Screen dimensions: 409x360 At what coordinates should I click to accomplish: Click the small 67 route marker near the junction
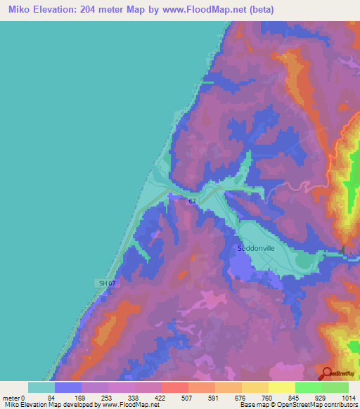pyautogui.click(x=192, y=201)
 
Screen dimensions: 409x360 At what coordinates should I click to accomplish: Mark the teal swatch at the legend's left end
pyautogui.click(x=41, y=387)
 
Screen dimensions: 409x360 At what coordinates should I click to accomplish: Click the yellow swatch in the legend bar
pyautogui.click(x=282, y=387)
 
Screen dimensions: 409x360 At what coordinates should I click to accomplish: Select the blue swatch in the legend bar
pyautogui.click(x=68, y=387)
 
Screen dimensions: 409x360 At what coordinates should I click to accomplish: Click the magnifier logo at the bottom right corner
pyautogui.click(x=327, y=374)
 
